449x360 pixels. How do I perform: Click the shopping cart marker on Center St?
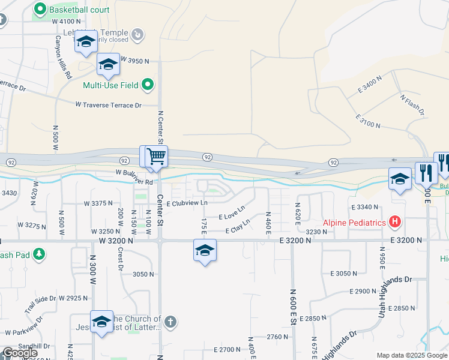pyautogui.click(x=156, y=157)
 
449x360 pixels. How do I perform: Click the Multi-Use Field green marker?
pyautogui.click(x=148, y=85)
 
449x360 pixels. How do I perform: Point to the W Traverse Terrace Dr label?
pyautogui.click(x=108, y=105)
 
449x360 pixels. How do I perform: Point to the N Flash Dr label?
pyautogui.click(x=412, y=104)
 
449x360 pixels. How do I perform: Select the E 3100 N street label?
pyautogui.click(x=368, y=121)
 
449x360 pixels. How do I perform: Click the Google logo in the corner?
pyautogui.click(x=20, y=353)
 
